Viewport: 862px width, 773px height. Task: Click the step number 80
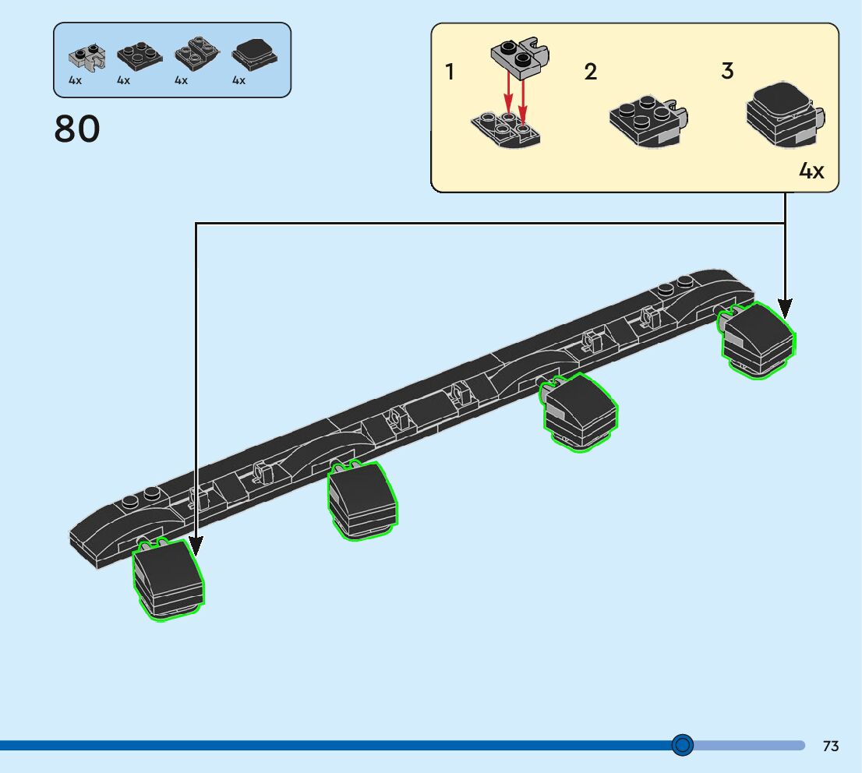pyautogui.click(x=77, y=129)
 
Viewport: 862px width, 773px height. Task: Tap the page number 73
pyautogui.click(x=830, y=746)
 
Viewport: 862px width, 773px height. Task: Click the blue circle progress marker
pyautogui.click(x=682, y=745)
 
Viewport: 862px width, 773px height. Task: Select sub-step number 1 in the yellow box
pyautogui.click(x=450, y=72)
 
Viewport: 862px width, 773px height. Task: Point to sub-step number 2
pyautogui.click(x=591, y=72)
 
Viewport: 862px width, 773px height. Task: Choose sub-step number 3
pyautogui.click(x=727, y=71)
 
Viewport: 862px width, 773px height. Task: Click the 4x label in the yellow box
pyautogui.click(x=811, y=171)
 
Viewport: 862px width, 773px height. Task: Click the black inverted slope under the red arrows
pyautogui.click(x=507, y=129)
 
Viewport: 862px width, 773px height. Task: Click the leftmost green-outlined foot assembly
pyautogui.click(x=168, y=578)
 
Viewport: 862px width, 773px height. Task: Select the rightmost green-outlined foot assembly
pyautogui.click(x=758, y=340)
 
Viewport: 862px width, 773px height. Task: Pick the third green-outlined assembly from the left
pyautogui.click(x=580, y=411)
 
